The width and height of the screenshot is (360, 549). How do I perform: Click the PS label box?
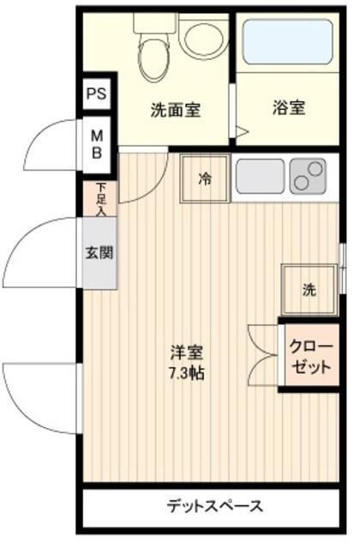point(97,94)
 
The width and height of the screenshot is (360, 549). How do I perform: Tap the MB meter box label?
point(97,144)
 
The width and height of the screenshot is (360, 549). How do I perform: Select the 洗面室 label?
point(176,110)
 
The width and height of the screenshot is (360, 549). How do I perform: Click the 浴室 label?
point(289,107)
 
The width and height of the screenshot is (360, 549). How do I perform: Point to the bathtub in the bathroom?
point(288,42)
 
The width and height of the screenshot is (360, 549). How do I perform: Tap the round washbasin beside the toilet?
point(203,39)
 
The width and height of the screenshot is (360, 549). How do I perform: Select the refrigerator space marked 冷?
point(205,178)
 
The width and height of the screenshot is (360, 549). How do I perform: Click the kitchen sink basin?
point(260,176)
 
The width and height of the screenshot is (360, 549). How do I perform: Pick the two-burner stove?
point(308,176)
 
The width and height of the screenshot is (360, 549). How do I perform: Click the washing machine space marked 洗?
point(309,290)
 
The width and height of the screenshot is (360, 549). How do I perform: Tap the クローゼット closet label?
point(311,357)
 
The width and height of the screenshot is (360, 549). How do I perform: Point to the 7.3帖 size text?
point(187,374)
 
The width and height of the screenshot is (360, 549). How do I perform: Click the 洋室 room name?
point(187,353)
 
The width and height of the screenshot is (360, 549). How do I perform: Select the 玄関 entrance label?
point(99,252)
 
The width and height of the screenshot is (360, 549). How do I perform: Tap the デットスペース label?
point(214,506)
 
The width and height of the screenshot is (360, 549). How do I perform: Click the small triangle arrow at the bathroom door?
point(242,132)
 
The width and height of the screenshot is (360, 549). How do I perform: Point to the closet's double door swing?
point(263,355)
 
